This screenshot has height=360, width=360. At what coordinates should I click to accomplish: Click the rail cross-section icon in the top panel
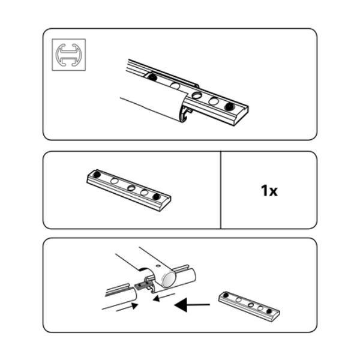(x=68, y=55)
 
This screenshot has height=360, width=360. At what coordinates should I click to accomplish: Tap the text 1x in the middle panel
(x=269, y=191)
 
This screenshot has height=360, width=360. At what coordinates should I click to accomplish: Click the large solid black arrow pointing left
(x=192, y=305)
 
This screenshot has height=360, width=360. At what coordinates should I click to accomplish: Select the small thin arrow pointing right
(x=127, y=307)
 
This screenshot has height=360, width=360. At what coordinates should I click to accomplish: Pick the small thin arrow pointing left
(x=164, y=297)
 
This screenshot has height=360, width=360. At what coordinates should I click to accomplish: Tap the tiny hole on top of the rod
(x=157, y=266)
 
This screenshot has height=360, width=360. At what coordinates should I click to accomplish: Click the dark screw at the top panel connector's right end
(x=229, y=106)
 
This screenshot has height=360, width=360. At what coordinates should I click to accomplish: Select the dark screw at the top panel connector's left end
(x=152, y=77)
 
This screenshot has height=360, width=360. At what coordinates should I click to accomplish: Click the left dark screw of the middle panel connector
(x=97, y=175)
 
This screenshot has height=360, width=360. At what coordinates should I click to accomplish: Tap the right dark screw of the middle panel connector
(x=157, y=197)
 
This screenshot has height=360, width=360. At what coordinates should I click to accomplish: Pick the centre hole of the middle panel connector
(x=131, y=188)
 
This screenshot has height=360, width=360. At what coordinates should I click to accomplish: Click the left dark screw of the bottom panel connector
(x=226, y=295)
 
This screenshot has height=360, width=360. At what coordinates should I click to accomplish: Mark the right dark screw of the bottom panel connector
(x=269, y=311)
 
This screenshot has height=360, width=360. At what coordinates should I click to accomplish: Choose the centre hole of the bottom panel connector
(x=251, y=305)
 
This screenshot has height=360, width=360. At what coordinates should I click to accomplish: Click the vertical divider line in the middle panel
(x=221, y=190)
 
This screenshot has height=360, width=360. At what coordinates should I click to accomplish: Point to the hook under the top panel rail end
(x=187, y=115)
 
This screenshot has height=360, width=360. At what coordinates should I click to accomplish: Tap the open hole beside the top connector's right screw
(x=214, y=101)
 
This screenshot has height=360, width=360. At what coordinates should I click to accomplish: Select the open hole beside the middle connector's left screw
(x=114, y=181)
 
